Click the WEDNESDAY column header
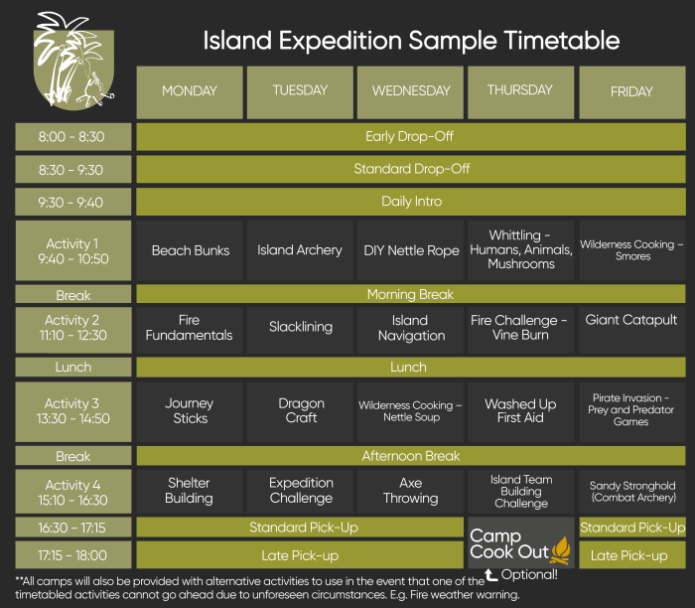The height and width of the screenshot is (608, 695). point(411,91)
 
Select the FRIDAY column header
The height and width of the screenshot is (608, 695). point(631,91)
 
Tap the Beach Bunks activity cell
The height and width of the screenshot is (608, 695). point(190,250)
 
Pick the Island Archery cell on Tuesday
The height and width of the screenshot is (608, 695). point(300,250)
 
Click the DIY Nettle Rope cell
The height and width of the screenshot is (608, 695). point(411,250)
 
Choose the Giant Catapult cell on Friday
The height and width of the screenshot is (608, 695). point(631,320)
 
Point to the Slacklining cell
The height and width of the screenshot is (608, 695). point(300,327)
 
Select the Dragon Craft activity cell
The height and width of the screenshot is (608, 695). point(300,410)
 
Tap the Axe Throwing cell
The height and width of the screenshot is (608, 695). point(411,491)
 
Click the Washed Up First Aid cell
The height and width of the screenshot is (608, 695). point(520,410)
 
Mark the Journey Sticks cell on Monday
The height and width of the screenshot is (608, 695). point(190,410)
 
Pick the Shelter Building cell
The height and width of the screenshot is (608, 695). point(190,491)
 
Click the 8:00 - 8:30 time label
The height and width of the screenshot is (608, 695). point(72,137)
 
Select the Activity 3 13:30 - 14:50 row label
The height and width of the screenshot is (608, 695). point(72,411)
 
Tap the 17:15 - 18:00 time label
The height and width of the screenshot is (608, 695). point(72,555)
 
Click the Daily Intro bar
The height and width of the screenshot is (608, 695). point(410,202)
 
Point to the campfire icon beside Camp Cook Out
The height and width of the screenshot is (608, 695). point(561,547)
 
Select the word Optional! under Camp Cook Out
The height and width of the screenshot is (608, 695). point(529,574)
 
